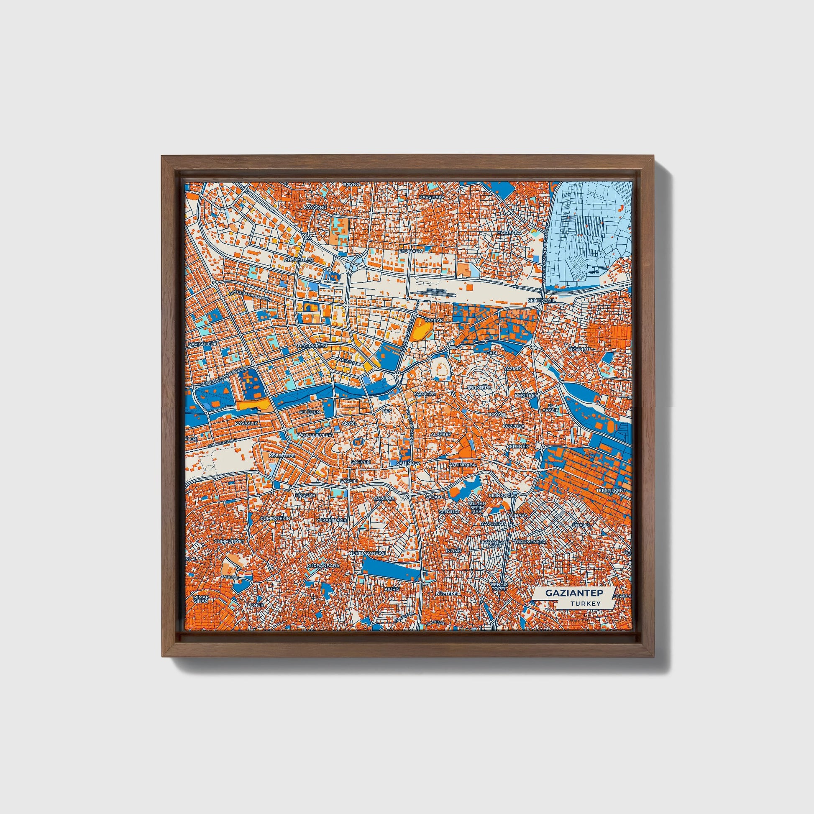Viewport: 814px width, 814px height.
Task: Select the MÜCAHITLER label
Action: [299, 260]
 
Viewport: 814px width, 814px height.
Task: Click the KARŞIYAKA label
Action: [432, 197]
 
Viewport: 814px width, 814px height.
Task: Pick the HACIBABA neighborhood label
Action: [509, 232]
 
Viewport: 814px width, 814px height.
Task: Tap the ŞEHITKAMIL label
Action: [539, 300]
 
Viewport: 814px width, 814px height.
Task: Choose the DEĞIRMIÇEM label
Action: [312, 346]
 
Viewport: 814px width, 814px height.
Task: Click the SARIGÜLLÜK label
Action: [202, 344]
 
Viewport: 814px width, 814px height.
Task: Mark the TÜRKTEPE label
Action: [479, 387]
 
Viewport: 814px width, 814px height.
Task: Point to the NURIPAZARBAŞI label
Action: [367, 552]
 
